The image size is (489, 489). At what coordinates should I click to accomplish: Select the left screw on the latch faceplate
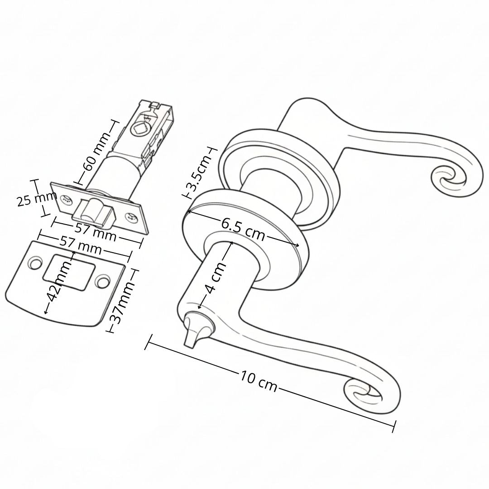point(67,199)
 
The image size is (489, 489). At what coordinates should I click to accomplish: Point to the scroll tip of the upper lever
point(449,179)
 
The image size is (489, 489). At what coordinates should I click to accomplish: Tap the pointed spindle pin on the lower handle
point(193,331)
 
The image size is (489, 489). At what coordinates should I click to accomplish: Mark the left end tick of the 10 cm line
point(149,343)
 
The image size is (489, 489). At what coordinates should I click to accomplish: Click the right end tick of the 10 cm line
point(394,427)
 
